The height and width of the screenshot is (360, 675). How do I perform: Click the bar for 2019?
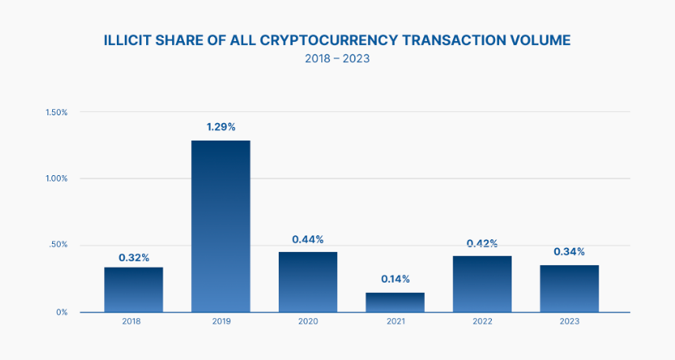pos(220,226)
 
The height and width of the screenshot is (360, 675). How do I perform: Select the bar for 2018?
pos(133,289)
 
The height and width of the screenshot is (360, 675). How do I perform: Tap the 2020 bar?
pos(308,282)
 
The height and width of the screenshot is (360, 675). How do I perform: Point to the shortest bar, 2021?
pos(395,302)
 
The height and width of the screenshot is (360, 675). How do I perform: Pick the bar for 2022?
pos(482,283)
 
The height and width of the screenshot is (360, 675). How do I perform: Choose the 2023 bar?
pos(569,288)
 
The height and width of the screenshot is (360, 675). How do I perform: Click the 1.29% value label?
pos(220,127)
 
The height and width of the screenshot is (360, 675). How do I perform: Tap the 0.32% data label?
pos(134,257)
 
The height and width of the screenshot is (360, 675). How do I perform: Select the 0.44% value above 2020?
pos(308,239)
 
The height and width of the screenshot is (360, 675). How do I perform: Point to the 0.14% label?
pos(395,279)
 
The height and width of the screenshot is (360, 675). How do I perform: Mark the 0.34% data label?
pos(569,252)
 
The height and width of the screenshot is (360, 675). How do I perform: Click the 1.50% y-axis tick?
pos(57,113)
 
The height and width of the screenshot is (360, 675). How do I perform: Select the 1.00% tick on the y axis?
pos(57,178)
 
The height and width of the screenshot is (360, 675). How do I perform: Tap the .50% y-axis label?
pos(58,246)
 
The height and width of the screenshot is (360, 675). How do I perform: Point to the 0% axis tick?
pos(62,313)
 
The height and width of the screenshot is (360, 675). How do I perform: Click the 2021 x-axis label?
pos(395,321)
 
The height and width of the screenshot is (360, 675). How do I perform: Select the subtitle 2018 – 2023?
pos(337,59)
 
